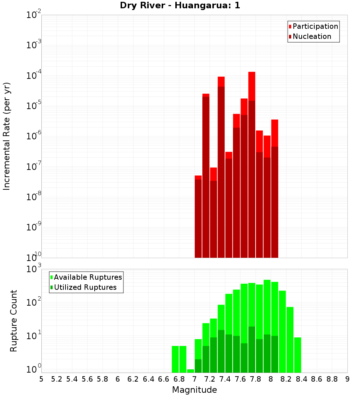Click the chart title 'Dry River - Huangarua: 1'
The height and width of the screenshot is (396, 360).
pyautogui.click(x=180, y=5)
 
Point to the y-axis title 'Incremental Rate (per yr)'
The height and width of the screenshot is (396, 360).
pyautogui.click(x=7, y=136)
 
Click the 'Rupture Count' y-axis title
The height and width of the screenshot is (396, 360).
pyautogui.click(x=14, y=321)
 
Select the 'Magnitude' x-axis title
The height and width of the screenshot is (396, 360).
pyautogui.click(x=194, y=390)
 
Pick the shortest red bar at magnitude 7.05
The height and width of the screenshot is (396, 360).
pyautogui.click(x=198, y=216)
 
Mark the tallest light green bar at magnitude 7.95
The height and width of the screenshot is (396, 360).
pyautogui.click(x=267, y=306)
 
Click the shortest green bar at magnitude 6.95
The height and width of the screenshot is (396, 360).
pyautogui.click(x=190, y=371)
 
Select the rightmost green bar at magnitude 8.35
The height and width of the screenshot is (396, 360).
pyautogui.click(x=297, y=355)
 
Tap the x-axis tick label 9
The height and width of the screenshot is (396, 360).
pyautogui.click(x=347, y=379)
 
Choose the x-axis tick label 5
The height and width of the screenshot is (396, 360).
pyautogui.click(x=41, y=379)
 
